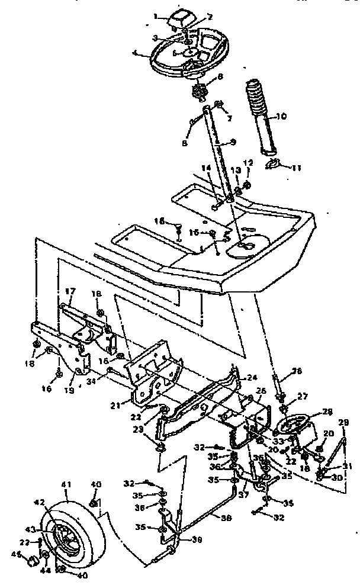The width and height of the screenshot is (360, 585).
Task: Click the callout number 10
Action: click(282, 116)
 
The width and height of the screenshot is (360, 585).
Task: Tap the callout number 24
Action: click(252, 377)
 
